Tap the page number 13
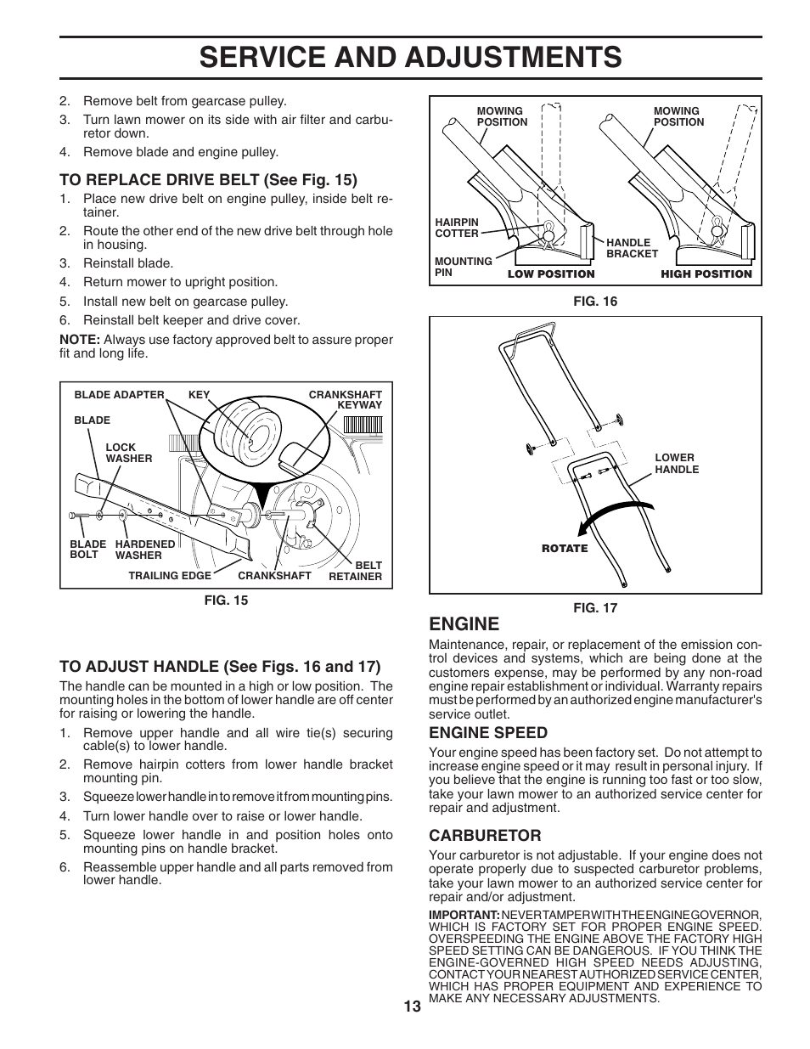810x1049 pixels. pos(412,1007)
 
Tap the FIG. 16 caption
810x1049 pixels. pos(595,302)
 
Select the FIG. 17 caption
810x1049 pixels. pos(595,608)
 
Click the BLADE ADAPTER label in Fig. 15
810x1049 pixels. pos(119,395)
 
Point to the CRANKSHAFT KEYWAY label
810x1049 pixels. pos(346,400)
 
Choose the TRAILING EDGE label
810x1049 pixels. pos(170,576)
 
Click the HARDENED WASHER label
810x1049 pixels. pos(145,550)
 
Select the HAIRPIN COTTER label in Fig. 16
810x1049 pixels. pos(457,228)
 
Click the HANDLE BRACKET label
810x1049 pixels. pos(632,248)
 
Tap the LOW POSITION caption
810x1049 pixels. pos(551,274)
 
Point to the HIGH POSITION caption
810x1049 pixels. pos(706,274)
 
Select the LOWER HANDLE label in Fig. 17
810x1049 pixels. pos(677,463)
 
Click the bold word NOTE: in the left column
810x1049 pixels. pos(79,340)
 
